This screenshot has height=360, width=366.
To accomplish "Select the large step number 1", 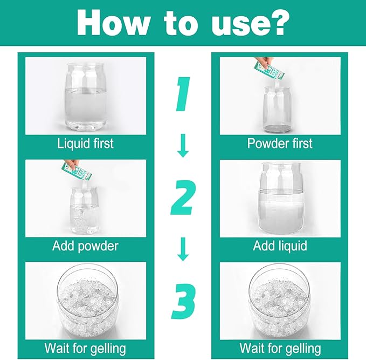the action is (x=183, y=94).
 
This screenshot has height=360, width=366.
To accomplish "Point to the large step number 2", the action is (x=183, y=198).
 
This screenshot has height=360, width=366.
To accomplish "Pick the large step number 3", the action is (x=183, y=301).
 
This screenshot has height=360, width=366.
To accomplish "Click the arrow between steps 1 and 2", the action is (x=183, y=145).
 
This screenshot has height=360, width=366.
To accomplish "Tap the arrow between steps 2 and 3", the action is (x=183, y=249).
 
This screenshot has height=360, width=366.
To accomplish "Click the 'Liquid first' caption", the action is (x=85, y=143).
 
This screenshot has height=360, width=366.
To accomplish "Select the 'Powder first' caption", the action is (x=280, y=143).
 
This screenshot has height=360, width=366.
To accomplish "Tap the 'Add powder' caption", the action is (x=85, y=247).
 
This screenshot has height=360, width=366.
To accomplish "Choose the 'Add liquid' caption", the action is (x=280, y=246).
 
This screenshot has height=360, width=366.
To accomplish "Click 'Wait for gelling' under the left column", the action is (x=85, y=349).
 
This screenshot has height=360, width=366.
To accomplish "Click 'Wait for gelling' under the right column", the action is (x=280, y=349).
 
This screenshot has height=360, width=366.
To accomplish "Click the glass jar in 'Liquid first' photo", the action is (x=86, y=97).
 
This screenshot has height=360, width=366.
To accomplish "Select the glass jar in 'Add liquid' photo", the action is (x=281, y=199).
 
